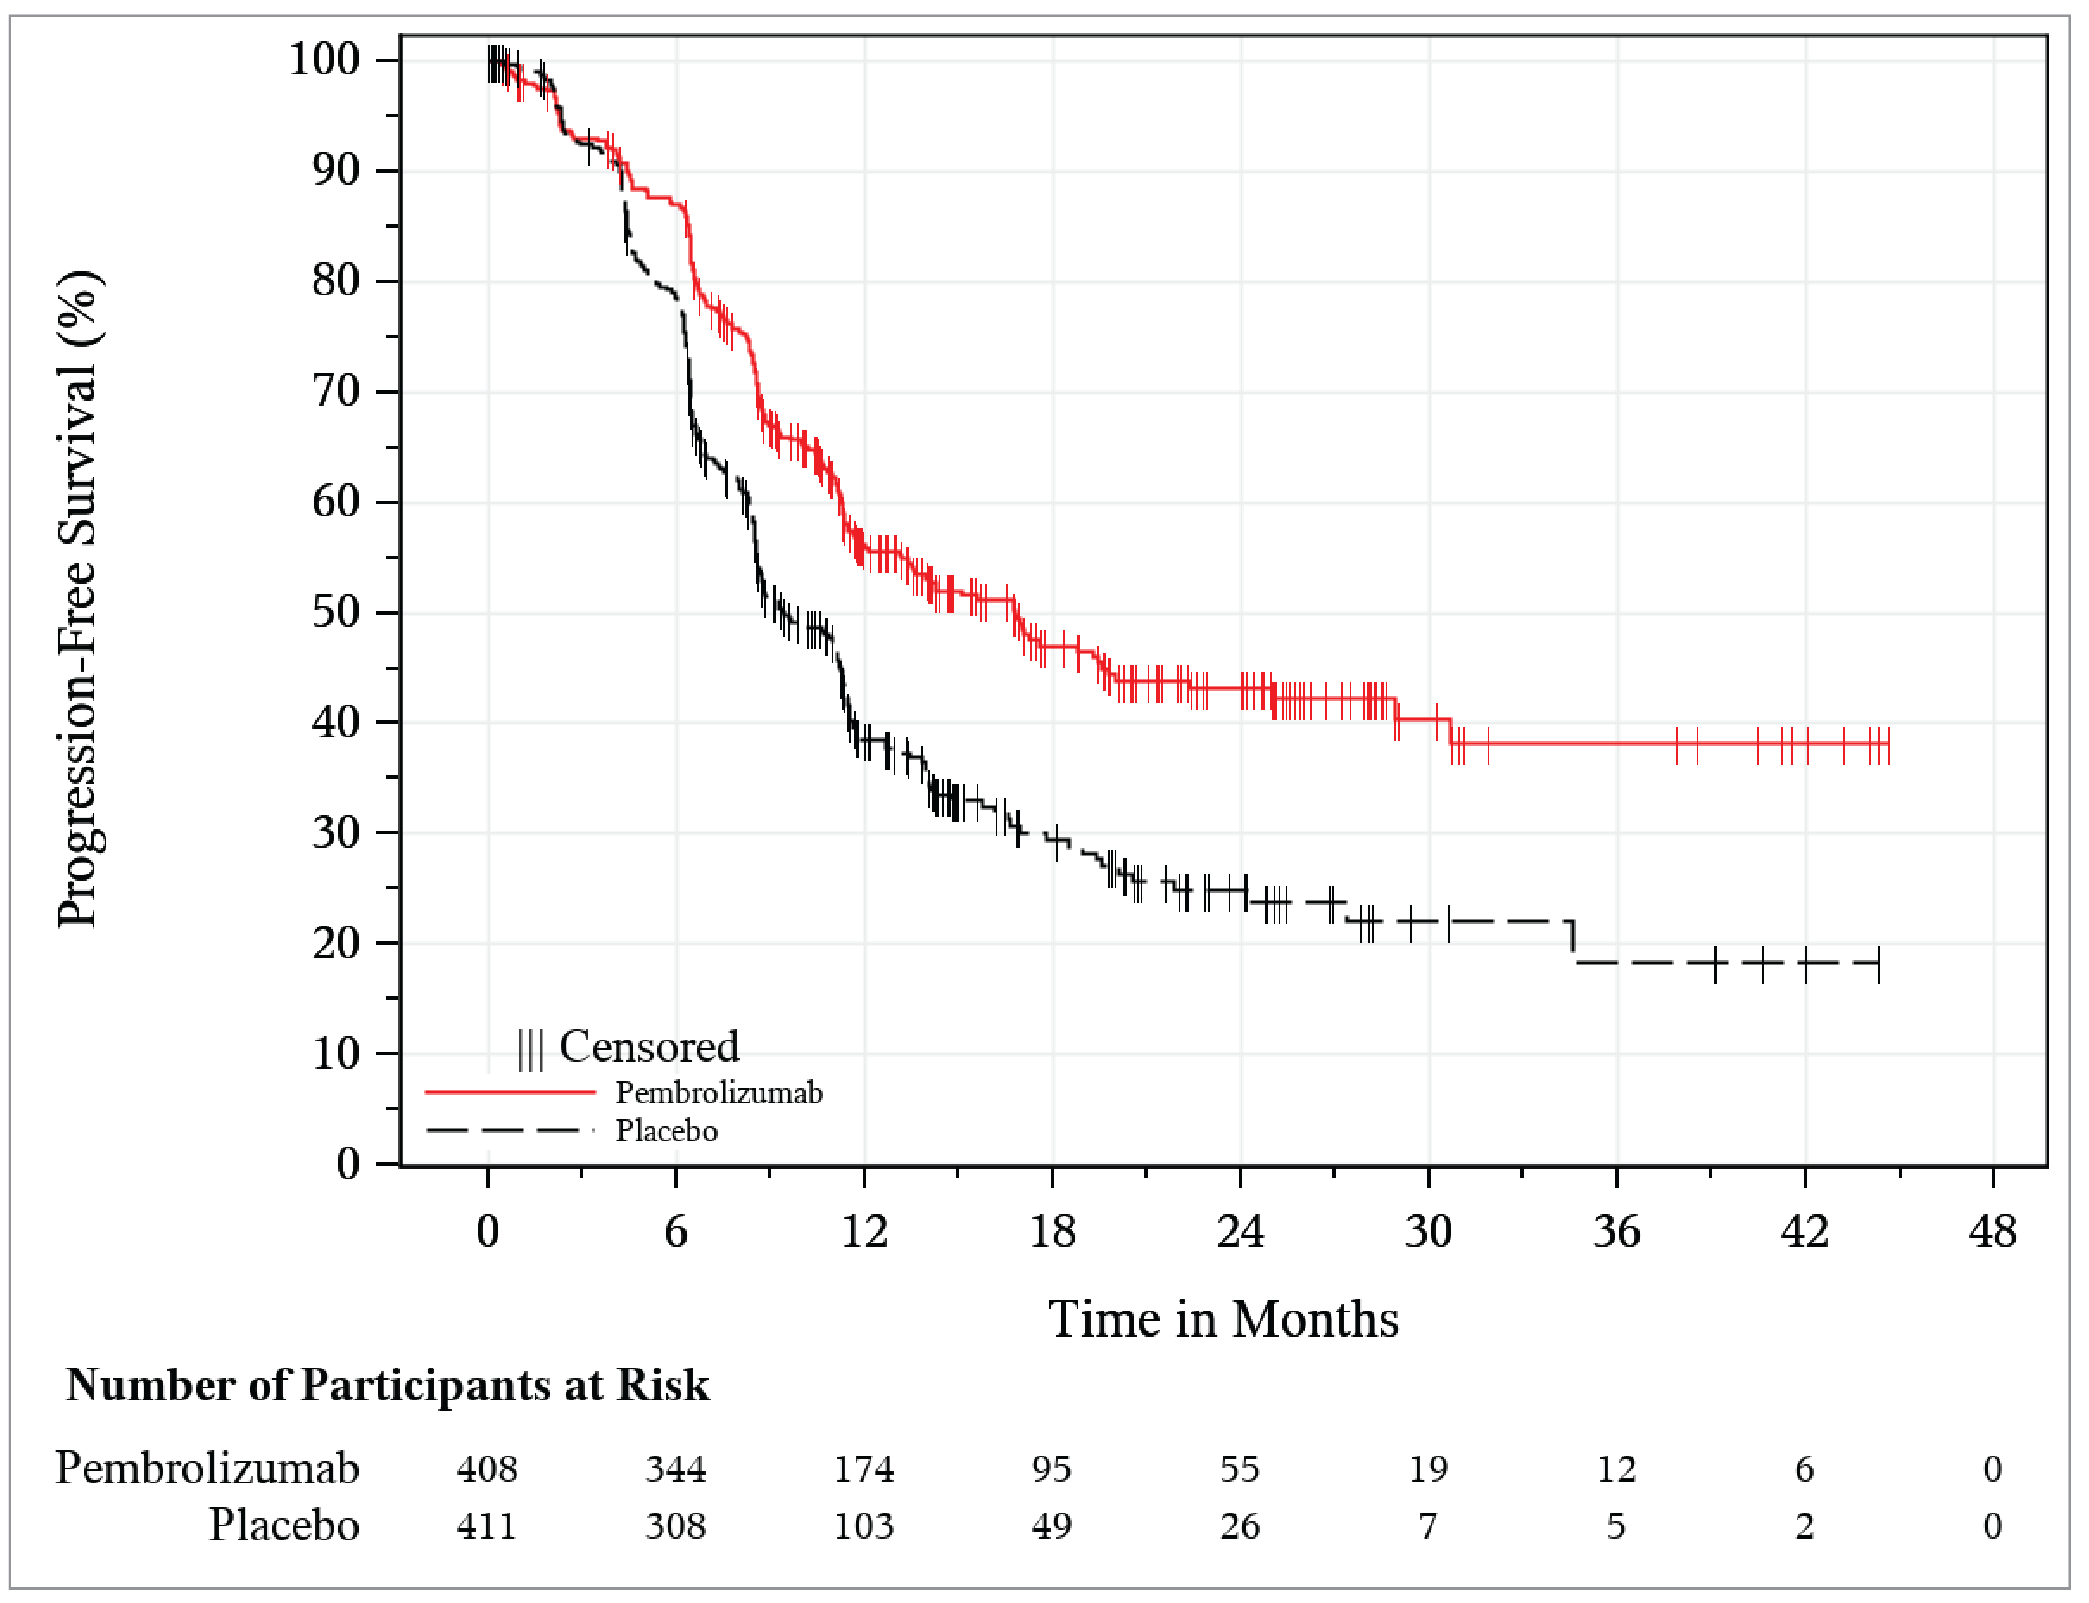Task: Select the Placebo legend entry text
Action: pyautogui.click(x=666, y=1130)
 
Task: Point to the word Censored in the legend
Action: pyautogui.click(x=649, y=1047)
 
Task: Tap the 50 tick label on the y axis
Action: pyautogui.click(x=335, y=612)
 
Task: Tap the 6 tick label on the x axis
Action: pyautogui.click(x=676, y=1232)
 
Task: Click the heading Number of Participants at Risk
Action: pyautogui.click(x=387, y=1384)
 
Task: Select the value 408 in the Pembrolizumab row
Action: pyautogui.click(x=486, y=1468)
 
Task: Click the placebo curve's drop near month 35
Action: pyautogui.click(x=1573, y=941)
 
